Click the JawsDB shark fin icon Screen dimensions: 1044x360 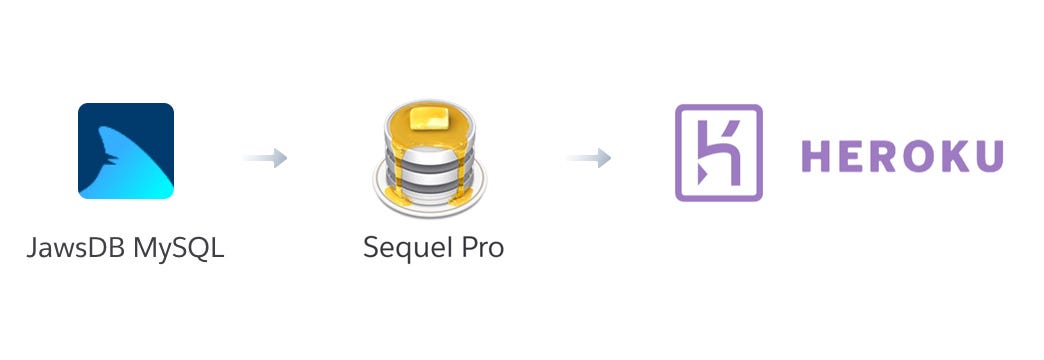126,151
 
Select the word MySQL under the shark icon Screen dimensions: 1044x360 184,247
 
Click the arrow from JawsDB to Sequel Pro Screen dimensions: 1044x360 265,158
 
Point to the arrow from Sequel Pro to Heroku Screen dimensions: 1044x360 589,158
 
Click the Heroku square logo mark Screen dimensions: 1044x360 718,153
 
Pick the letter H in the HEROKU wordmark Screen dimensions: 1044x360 819,156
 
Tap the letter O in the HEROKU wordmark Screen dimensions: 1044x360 925,156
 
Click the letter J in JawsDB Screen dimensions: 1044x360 32,246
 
